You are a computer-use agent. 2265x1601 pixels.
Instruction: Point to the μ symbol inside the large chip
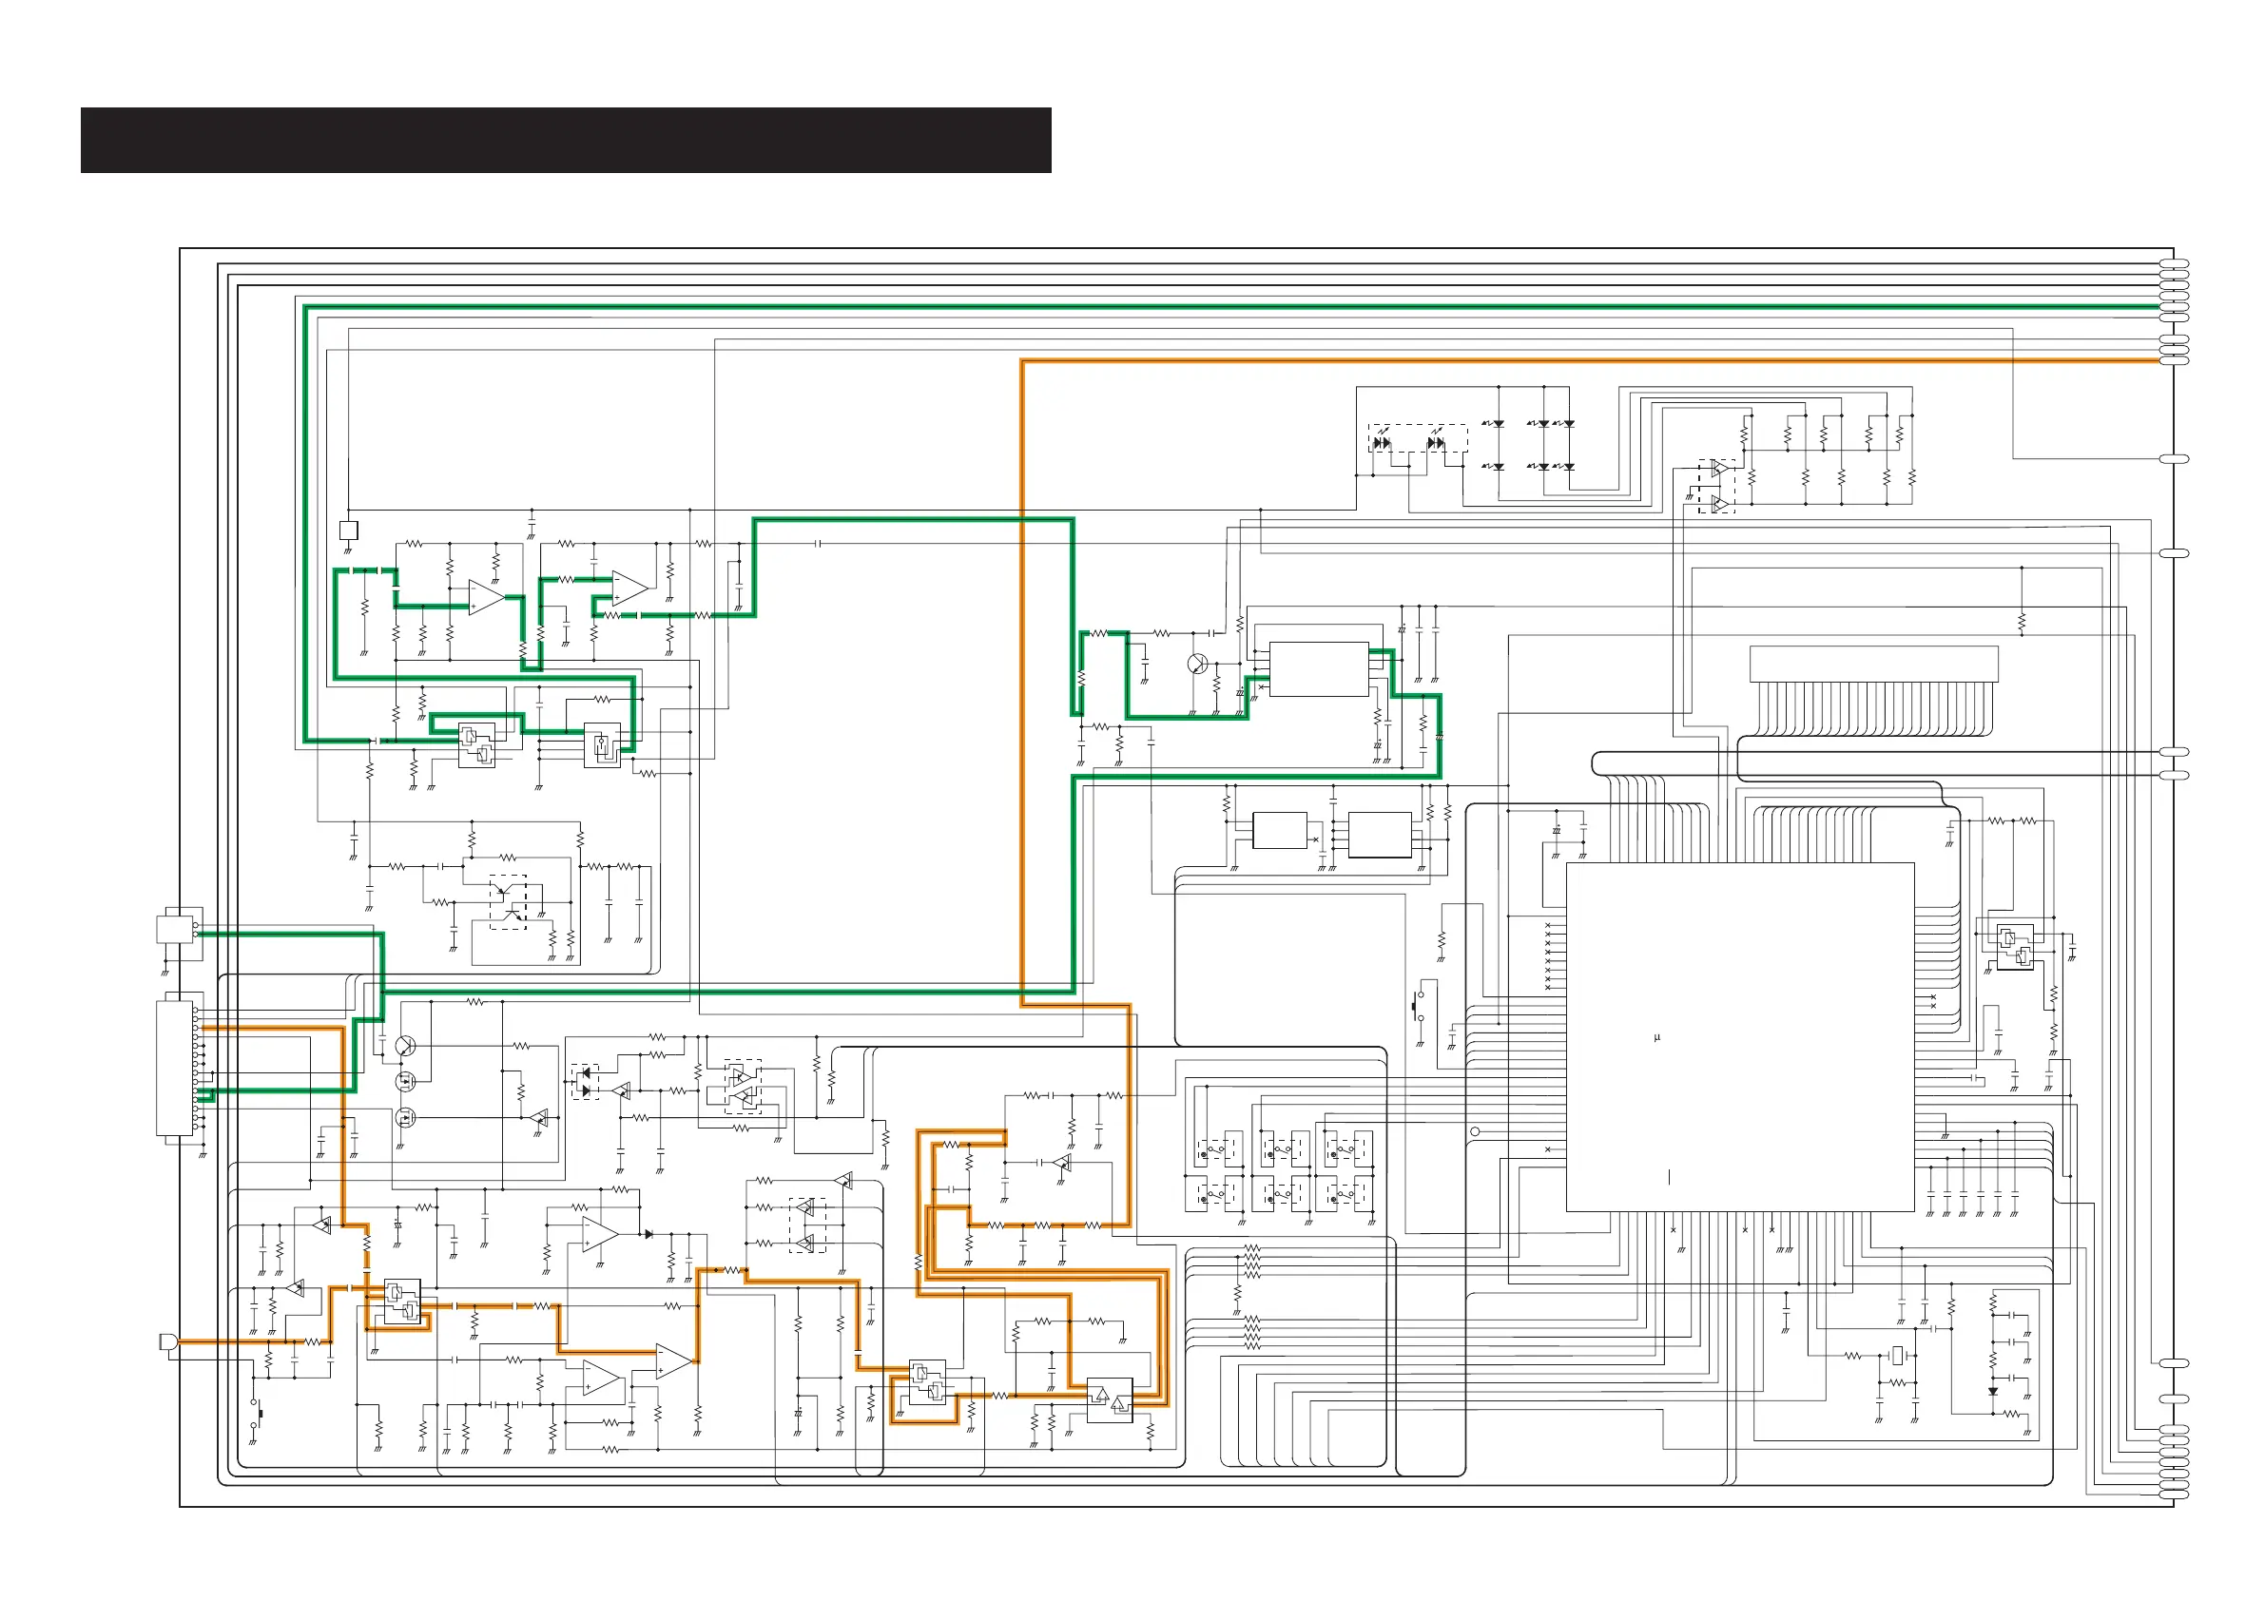coord(1656,1038)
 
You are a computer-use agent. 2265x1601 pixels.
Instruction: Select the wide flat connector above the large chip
coord(1873,663)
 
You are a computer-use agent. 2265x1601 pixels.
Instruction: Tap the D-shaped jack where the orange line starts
coord(168,1341)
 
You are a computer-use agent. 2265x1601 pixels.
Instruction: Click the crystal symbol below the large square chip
coord(1896,1357)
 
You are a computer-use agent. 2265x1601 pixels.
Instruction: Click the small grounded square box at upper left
coord(348,530)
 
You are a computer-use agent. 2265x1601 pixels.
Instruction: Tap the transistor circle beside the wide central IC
coord(1197,664)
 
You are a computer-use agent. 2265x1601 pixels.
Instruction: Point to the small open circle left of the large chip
coord(1475,1131)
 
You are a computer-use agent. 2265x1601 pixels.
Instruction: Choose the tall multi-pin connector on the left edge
coord(177,1069)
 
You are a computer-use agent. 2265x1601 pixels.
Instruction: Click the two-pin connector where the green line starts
coord(178,929)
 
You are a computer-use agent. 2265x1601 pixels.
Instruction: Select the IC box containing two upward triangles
coord(1109,1398)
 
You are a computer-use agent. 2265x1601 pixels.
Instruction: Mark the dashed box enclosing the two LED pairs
coord(1417,440)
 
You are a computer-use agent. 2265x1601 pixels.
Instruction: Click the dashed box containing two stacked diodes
coord(585,1081)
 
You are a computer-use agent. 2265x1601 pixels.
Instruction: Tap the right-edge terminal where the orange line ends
coord(2175,361)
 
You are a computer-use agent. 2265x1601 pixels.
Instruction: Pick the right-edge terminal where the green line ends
coord(2175,308)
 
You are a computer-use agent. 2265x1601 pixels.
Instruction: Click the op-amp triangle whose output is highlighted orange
coord(674,1361)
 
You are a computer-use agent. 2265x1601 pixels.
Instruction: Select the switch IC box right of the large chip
coord(2014,947)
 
